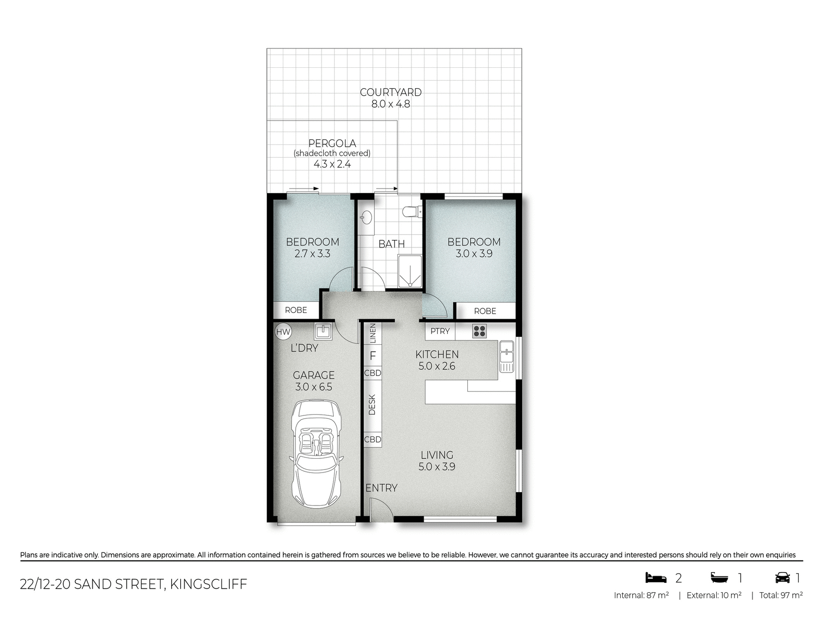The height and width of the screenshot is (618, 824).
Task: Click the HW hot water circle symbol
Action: click(283, 331)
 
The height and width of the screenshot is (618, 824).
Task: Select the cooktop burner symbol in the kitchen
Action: click(479, 331)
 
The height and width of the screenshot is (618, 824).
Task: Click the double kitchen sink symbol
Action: click(506, 357)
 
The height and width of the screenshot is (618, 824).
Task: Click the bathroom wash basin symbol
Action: click(366, 218)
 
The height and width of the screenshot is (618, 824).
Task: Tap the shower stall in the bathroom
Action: click(410, 271)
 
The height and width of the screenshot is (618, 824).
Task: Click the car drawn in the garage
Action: click(317, 454)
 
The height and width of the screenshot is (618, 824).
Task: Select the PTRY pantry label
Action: click(440, 331)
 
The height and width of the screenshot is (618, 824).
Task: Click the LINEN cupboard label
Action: click(373, 333)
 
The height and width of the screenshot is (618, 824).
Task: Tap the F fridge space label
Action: click(373, 356)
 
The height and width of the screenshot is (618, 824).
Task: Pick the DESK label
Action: click(372, 405)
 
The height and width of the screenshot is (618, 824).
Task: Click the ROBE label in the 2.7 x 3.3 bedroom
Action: click(296, 310)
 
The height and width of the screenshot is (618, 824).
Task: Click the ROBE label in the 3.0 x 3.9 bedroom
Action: click(485, 311)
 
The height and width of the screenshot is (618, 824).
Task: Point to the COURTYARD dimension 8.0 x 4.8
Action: click(391, 104)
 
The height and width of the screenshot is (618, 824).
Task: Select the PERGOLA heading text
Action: click(332, 143)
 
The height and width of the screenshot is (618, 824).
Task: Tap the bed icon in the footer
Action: click(656, 578)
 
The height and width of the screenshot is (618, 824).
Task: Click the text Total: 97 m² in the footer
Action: click(781, 595)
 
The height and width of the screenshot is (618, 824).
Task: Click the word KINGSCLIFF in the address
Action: click(209, 584)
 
